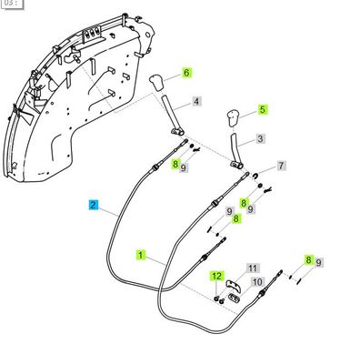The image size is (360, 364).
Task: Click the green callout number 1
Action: pos(142,258)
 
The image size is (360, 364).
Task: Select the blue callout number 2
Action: pos(93,207)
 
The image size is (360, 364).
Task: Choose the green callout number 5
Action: pos(264,109)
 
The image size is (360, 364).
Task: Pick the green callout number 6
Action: pos(186,72)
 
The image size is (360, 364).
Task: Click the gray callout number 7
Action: pos(281,167)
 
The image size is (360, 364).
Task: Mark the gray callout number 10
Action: pos(257,282)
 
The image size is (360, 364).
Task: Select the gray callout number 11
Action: pos(254,268)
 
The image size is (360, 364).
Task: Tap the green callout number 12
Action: pos(216,276)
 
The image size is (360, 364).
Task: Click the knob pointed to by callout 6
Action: pos(157,84)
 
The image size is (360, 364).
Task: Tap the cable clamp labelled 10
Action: pos(233,293)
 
